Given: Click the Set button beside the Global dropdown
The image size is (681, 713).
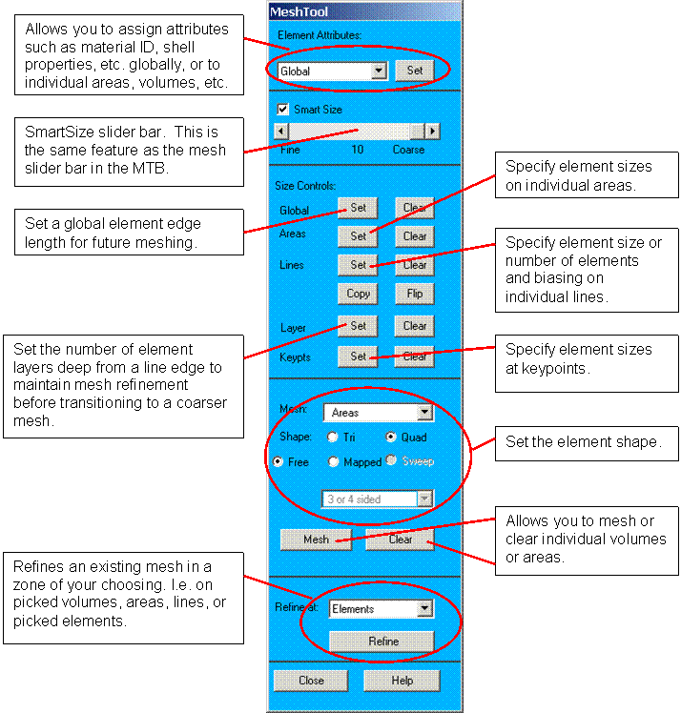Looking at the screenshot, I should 415,71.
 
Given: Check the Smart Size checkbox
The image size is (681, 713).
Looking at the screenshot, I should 282,110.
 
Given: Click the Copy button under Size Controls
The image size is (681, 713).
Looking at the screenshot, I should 358,294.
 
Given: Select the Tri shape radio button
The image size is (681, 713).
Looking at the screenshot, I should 333,438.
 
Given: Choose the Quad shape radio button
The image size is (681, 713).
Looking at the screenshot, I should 391,438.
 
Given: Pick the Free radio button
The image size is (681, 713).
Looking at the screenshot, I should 278,461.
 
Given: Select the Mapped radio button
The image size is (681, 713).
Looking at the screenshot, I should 333,461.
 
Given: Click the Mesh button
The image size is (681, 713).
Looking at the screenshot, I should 316,539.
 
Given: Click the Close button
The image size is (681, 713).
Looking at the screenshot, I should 311,681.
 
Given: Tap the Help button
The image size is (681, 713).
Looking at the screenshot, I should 402,681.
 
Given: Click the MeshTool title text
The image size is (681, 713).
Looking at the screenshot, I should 299,11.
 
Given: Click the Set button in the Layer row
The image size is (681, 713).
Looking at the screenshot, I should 358,325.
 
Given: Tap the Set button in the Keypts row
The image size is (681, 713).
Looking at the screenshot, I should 358,356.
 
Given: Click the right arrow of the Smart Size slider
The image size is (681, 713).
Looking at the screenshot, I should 433,132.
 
